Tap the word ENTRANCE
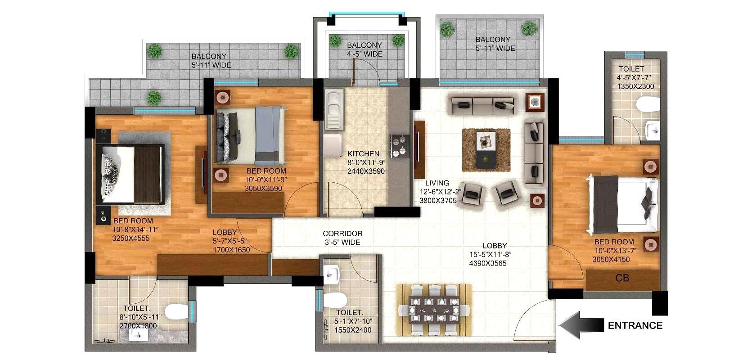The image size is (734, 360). [635, 325]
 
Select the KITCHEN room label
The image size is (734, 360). [363, 154]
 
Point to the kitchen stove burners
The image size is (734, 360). [398, 146]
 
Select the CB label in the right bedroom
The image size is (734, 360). [622, 279]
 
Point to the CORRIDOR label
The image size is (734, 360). [342, 234]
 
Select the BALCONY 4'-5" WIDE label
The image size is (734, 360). [365, 49]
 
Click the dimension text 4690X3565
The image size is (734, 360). [487, 263]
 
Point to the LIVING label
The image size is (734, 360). [437, 183]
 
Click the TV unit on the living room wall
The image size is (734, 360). [419, 151]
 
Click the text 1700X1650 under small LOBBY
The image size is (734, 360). [231, 250]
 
